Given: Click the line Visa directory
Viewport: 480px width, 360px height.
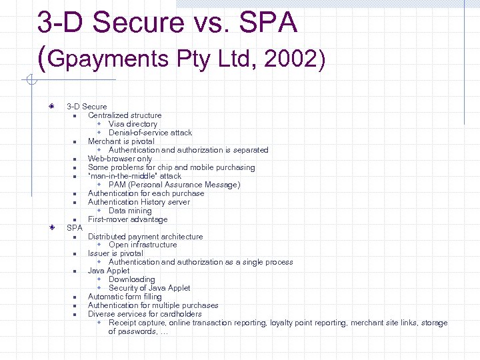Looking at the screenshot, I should [133, 124].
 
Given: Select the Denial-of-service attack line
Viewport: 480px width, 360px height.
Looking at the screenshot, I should [150, 133].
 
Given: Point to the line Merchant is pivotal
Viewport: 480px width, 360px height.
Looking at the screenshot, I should [121, 141].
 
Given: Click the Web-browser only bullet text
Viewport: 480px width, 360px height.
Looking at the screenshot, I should [120, 159].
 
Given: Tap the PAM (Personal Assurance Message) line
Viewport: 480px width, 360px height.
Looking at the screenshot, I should [174, 185].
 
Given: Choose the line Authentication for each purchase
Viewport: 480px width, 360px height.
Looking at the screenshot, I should [146, 193].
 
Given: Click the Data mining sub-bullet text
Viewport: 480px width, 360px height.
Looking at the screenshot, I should [130, 211].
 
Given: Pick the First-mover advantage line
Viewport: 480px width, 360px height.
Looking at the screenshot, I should [127, 219].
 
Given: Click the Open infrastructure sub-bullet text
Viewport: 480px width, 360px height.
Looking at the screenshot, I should [143, 245].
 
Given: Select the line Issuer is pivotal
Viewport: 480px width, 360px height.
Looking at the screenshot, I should [115, 253].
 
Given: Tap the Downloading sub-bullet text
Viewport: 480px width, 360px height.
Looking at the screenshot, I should [131, 279].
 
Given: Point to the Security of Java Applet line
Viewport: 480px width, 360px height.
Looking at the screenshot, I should [149, 288].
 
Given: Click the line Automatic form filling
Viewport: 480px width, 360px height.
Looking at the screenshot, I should [125, 297].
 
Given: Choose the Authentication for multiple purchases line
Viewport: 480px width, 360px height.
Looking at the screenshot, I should [153, 305].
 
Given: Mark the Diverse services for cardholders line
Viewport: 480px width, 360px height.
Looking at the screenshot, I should [145, 314].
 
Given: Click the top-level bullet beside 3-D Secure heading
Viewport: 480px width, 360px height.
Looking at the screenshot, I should [51, 106].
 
